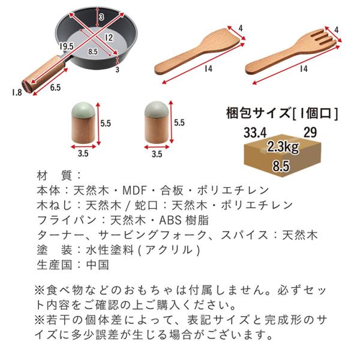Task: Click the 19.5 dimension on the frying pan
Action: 67,46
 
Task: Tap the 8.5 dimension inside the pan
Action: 93,52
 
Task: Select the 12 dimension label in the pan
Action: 109,38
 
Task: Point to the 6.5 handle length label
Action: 55,88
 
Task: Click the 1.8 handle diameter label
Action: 17,92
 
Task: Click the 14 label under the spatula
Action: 208,68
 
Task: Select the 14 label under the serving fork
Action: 303,68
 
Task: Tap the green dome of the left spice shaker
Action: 83,110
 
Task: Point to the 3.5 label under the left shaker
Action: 83,154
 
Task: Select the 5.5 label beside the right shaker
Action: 179,122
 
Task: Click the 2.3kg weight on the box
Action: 283,147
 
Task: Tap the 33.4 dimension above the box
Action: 255,133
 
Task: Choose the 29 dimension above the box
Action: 310,132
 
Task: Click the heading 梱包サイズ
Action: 259,113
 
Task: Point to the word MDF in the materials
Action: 134,190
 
